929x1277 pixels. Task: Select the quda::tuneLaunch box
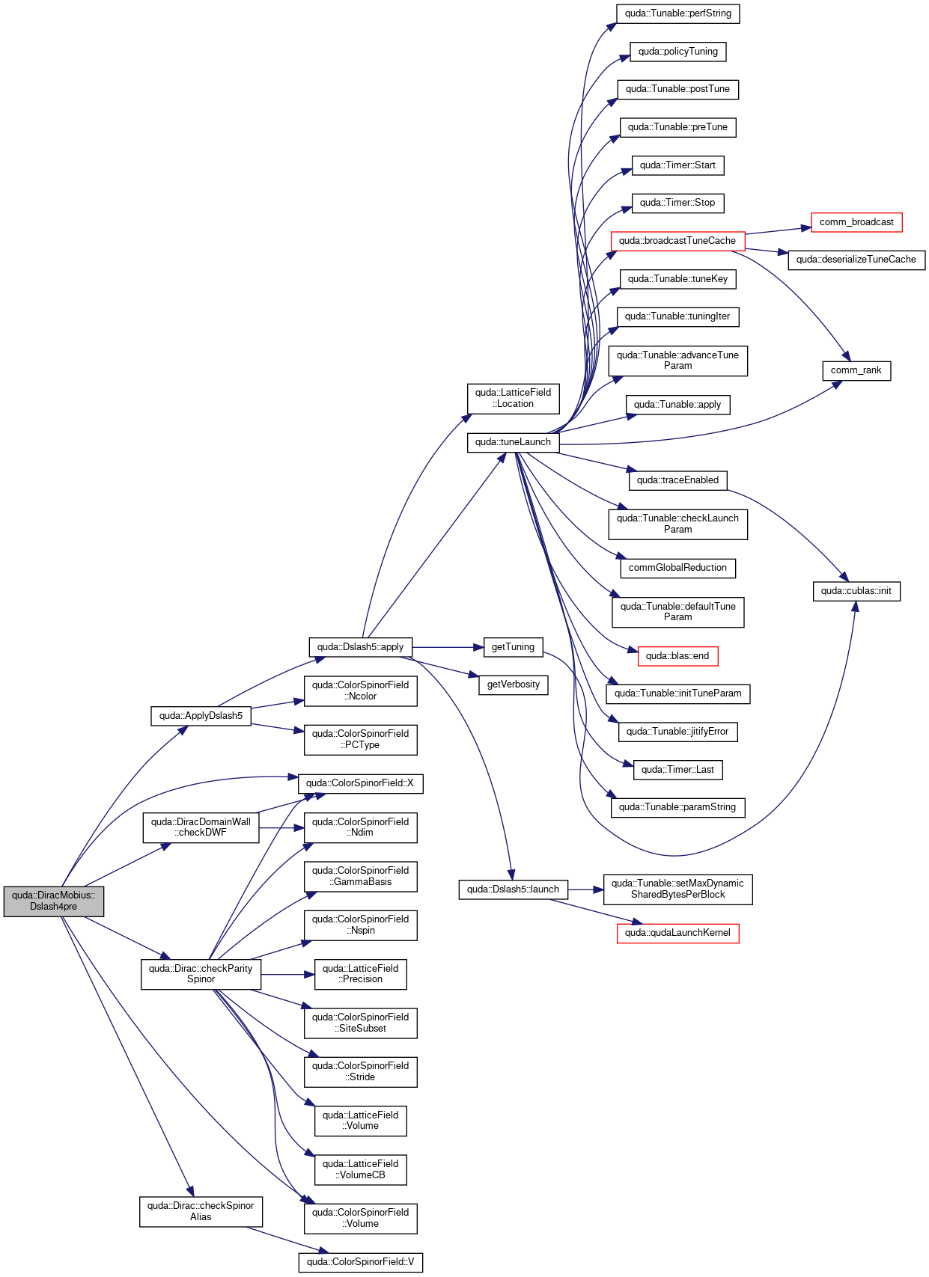[513, 442]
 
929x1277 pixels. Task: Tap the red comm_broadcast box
[856, 221]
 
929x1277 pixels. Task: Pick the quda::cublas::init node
[856, 591]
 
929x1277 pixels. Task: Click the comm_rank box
[856, 370]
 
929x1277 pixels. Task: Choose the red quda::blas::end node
[677, 656]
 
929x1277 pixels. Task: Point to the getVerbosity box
[513, 685]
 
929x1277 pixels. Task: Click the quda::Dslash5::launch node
[513, 889]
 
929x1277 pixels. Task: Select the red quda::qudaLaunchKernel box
[677, 933]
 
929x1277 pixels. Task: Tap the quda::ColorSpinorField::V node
[360, 1262]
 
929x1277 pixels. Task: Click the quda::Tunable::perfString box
[677, 13]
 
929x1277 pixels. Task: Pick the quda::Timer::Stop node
[677, 203]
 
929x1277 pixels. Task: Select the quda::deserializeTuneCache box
[856, 260]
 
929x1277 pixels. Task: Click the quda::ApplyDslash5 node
[201, 716]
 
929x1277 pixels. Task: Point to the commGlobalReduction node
[677, 569]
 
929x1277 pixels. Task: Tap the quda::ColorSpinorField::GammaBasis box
[360, 877]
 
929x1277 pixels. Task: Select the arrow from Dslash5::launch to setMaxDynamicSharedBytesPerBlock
[585, 889]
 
